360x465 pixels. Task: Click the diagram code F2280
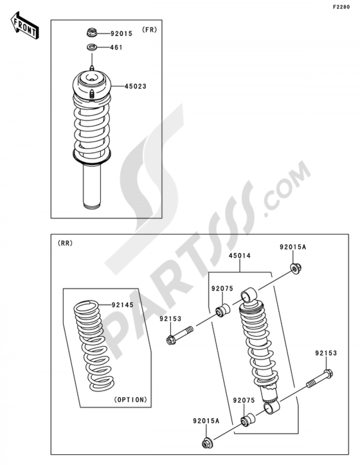pos(341,7)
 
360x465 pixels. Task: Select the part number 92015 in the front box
pos(121,33)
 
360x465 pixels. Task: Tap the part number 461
pos(116,47)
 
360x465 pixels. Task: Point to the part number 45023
pos(135,86)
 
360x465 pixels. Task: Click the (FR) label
pos(149,30)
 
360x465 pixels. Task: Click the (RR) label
pos(65,243)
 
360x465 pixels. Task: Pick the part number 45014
pos(240,256)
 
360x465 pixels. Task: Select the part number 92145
pos(122,305)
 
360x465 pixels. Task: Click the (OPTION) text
pos(130,399)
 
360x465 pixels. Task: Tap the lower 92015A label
pos(206,420)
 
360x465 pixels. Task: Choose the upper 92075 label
pos(222,289)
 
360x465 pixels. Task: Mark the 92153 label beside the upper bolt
pos(171,319)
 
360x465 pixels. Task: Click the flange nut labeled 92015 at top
pos(91,33)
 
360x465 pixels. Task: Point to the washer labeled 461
pos(91,47)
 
